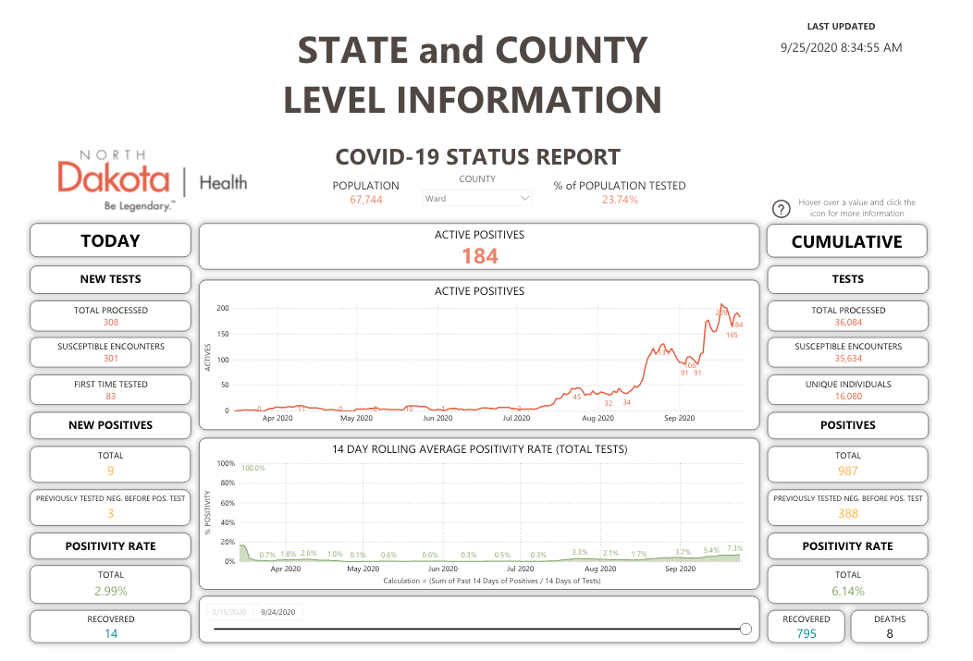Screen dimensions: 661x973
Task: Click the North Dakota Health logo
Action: coord(152,181)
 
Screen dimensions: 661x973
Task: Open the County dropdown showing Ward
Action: coord(477,198)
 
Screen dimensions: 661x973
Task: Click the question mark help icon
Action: coord(781,208)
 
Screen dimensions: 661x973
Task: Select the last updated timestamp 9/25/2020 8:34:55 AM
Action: coord(841,47)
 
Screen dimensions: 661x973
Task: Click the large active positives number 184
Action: coord(479,256)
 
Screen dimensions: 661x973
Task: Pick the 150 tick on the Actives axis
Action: coord(222,334)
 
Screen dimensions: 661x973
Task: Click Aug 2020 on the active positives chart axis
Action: coord(597,418)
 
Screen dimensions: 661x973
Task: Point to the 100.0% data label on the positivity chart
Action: coord(252,468)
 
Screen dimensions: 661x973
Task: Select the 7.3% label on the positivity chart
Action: coord(734,548)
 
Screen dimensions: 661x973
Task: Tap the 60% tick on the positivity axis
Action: coord(228,503)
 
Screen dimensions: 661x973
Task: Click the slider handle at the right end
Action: coord(746,630)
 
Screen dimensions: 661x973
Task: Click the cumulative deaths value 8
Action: coord(890,634)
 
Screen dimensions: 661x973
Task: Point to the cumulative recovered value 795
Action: coord(807,634)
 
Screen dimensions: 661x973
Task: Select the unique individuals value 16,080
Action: coord(847,397)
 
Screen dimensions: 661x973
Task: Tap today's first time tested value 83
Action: coord(111,397)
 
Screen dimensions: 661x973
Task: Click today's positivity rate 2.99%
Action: coord(111,591)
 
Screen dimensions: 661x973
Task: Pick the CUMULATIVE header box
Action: coord(847,241)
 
